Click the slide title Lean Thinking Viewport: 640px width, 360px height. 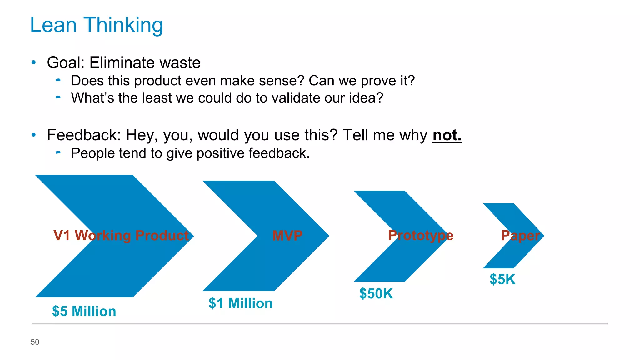click(x=96, y=25)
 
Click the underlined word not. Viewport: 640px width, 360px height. click(x=447, y=135)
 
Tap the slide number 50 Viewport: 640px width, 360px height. click(x=35, y=342)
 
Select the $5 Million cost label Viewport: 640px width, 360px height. click(x=84, y=311)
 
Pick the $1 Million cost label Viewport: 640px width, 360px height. click(x=240, y=303)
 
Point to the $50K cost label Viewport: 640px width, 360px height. click(x=376, y=294)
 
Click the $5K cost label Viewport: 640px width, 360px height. click(x=502, y=279)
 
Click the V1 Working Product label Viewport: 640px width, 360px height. click(x=121, y=235)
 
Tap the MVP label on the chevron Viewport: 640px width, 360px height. click(x=287, y=235)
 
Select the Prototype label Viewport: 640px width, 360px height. click(x=420, y=235)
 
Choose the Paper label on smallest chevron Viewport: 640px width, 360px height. click(x=520, y=236)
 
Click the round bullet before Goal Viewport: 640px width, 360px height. click(x=34, y=62)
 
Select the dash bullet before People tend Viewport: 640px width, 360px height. click(x=58, y=152)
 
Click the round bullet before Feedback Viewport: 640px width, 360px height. click(x=34, y=135)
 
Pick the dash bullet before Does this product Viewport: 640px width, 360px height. click(x=58, y=80)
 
